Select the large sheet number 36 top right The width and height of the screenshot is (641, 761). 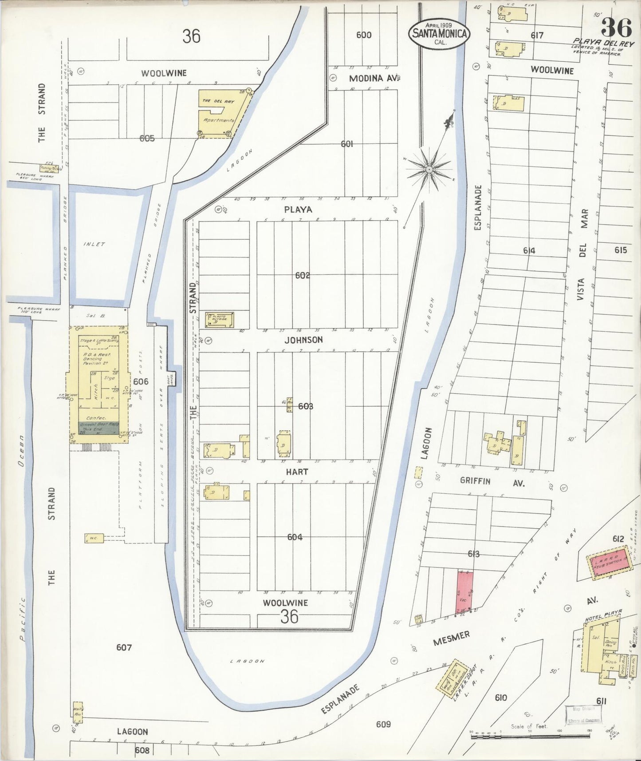[616, 28]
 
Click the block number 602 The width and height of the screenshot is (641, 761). [303, 275]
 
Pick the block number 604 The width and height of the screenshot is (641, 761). [295, 537]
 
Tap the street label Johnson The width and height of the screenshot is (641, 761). [303, 340]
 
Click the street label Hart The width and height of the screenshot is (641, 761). [297, 472]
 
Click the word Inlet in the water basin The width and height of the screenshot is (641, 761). [94, 244]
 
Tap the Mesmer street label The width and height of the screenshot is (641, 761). [451, 639]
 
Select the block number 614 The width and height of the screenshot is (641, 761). [529, 250]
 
